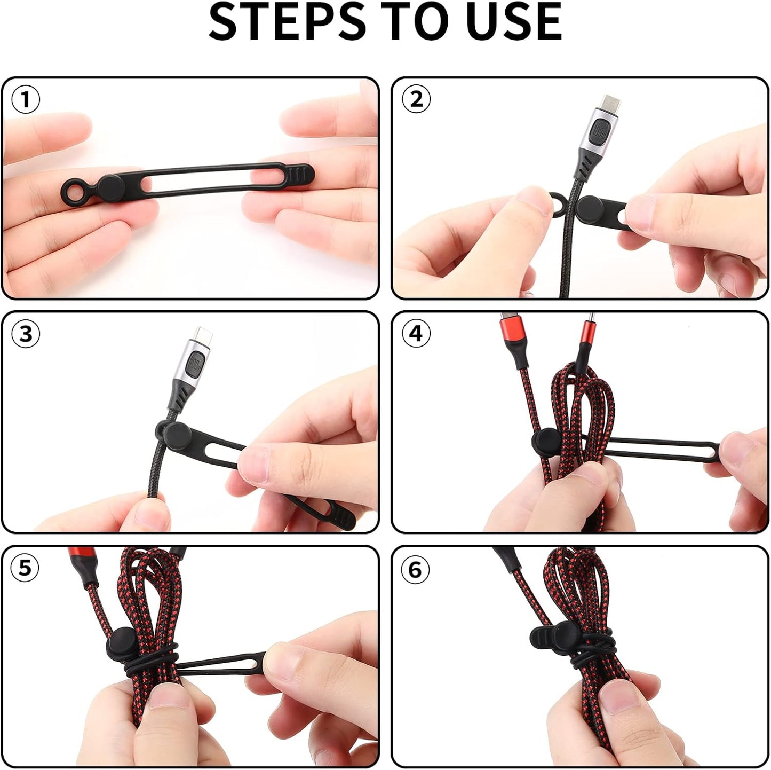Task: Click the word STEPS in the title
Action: [x=288, y=22]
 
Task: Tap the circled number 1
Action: [x=26, y=99]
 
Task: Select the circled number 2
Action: [x=416, y=99]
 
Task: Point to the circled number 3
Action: [x=26, y=334]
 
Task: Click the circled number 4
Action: [x=416, y=334]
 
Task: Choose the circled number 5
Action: [x=26, y=568]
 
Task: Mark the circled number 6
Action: [x=416, y=570]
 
